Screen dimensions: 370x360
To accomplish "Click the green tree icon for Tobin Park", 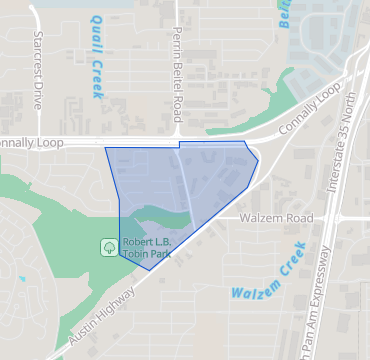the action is pyautogui.click(x=107, y=245).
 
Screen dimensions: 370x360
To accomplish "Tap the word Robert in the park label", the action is pyautogui.click(x=137, y=241).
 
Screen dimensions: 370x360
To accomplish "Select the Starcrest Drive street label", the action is pyautogui.click(x=39, y=69).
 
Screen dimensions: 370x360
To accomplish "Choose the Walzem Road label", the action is pyautogui.click(x=277, y=218).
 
